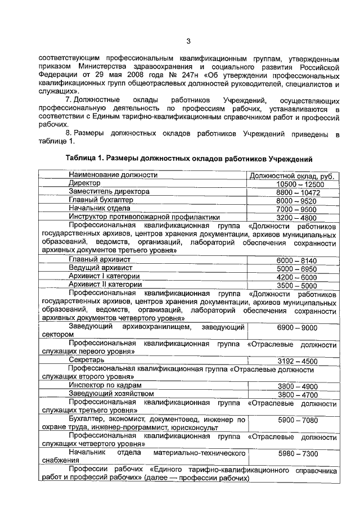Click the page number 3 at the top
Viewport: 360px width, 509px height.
point(189,40)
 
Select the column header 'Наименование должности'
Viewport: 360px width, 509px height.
point(113,175)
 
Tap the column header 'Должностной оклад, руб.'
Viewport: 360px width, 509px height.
point(293,175)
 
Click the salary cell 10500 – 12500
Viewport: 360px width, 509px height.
point(300,184)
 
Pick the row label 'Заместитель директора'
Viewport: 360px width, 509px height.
point(109,192)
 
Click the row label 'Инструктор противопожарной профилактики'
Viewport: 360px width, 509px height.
point(144,217)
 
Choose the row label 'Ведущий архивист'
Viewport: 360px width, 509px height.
point(101,268)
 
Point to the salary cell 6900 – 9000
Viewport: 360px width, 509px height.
point(300,327)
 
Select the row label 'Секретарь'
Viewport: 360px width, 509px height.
point(87,360)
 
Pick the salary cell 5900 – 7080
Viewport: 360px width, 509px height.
point(300,420)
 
